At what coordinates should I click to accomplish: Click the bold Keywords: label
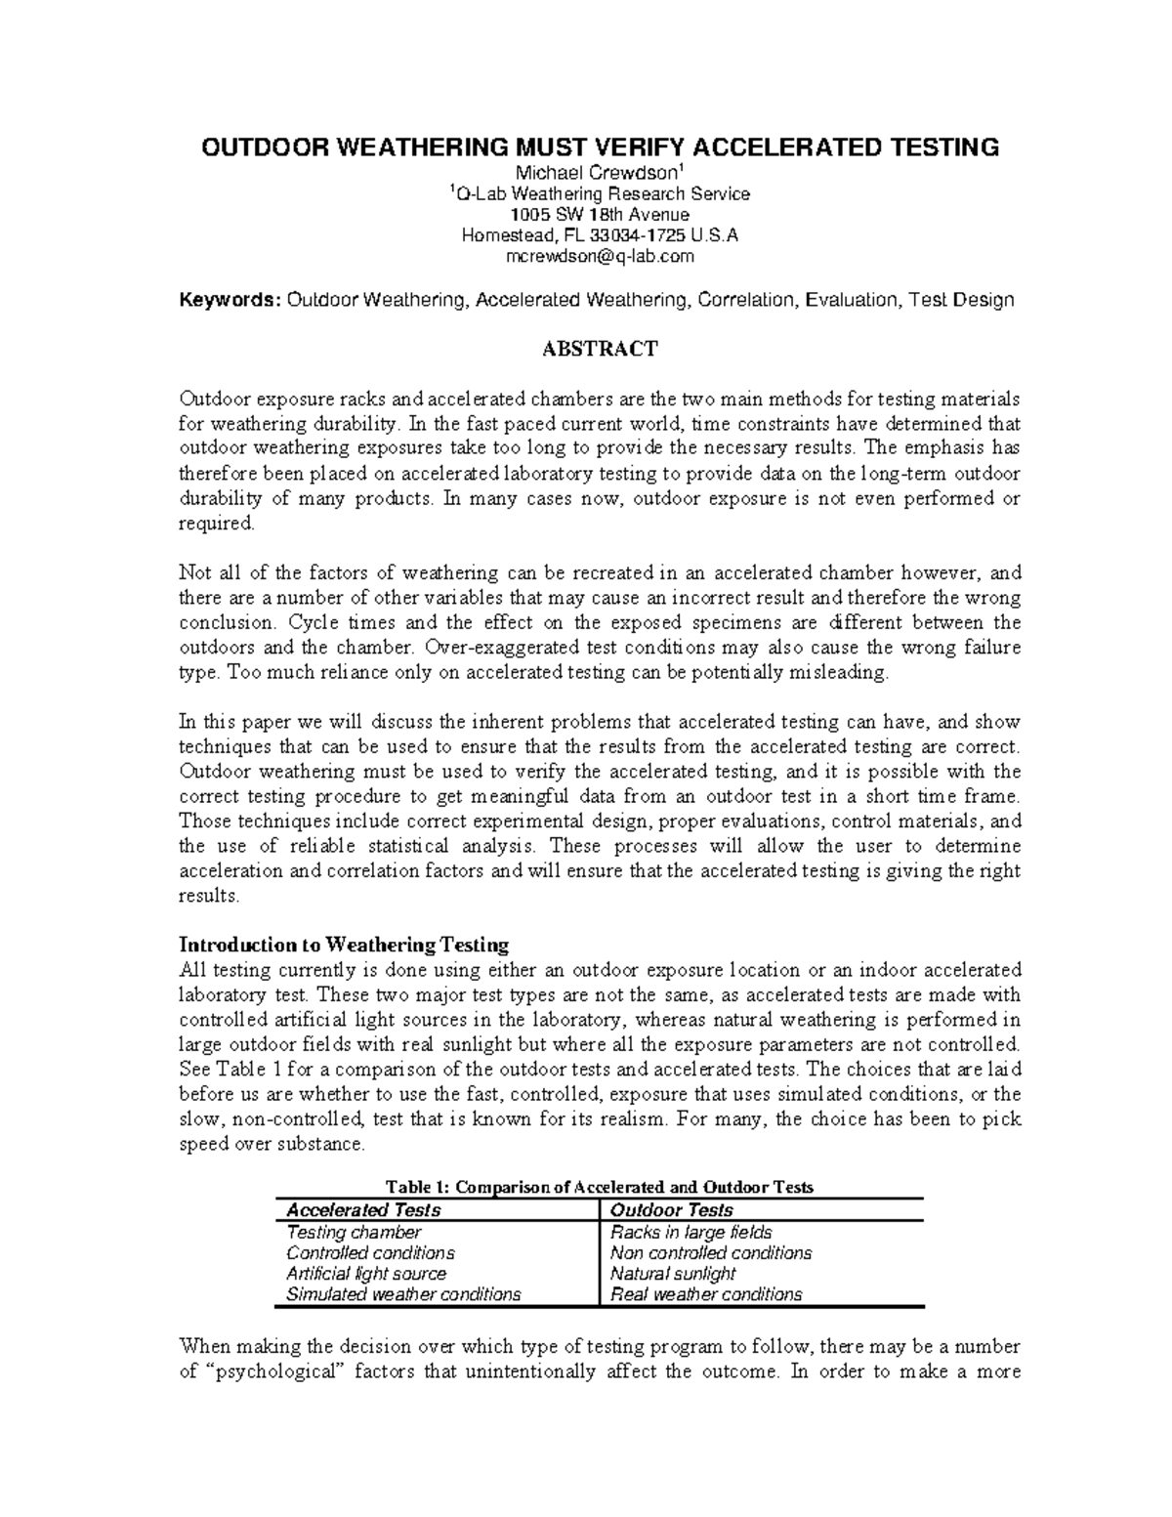pos(230,300)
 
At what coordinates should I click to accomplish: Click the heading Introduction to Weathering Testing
pos(344,945)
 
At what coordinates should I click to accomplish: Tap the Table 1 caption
pos(600,1187)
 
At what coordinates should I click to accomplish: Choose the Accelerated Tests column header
pos(362,1210)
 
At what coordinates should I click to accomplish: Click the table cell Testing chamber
pos(354,1233)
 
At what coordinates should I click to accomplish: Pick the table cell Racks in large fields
pos(691,1233)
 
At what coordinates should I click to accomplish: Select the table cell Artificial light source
pos(366,1274)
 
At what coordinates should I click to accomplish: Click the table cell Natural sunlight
pos(672,1274)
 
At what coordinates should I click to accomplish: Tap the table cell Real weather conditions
pos(705,1294)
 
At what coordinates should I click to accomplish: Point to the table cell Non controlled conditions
pos(710,1253)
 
